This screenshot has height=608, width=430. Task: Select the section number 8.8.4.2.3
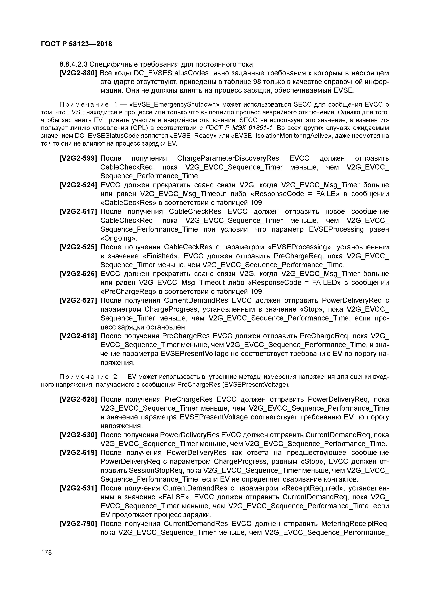(73, 64)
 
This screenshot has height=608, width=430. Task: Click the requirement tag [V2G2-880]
(78, 73)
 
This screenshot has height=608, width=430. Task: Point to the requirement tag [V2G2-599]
(78, 158)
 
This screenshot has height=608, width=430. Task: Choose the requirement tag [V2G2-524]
(78, 185)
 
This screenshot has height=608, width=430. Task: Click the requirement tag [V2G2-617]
(78, 212)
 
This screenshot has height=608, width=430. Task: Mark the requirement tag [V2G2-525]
(78, 247)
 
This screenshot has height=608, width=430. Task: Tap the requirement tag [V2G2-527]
(78, 301)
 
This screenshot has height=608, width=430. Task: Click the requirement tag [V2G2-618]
(78, 336)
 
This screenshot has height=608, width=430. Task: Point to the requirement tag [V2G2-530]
(78, 435)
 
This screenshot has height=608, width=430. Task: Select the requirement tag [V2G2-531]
(78, 488)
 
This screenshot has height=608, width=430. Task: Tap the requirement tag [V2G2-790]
(78, 524)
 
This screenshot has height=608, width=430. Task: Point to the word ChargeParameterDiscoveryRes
(228, 158)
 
